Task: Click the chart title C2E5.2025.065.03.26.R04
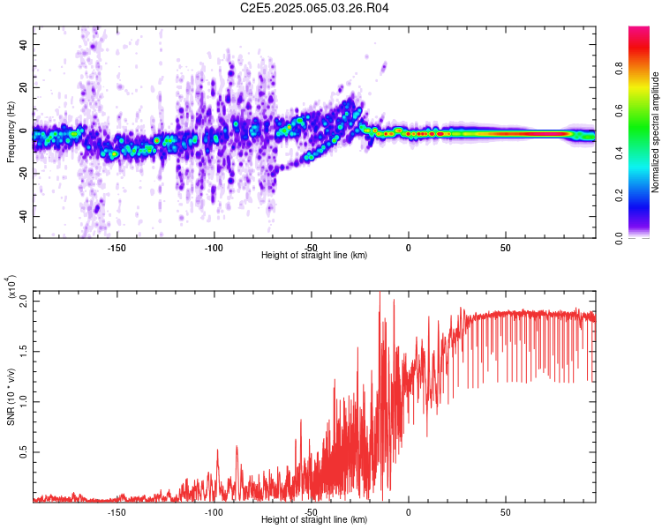pos(315,9)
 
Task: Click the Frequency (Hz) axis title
pos(11,132)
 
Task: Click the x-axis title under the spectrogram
pos(314,255)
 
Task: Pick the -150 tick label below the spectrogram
pos(116,248)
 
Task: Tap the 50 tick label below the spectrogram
pos(505,248)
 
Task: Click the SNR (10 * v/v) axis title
pos(11,397)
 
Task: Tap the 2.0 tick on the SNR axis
pos(24,300)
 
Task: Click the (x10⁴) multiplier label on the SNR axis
pos(11,287)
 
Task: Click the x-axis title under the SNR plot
pos(314,519)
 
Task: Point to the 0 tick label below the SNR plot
pos(408,512)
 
